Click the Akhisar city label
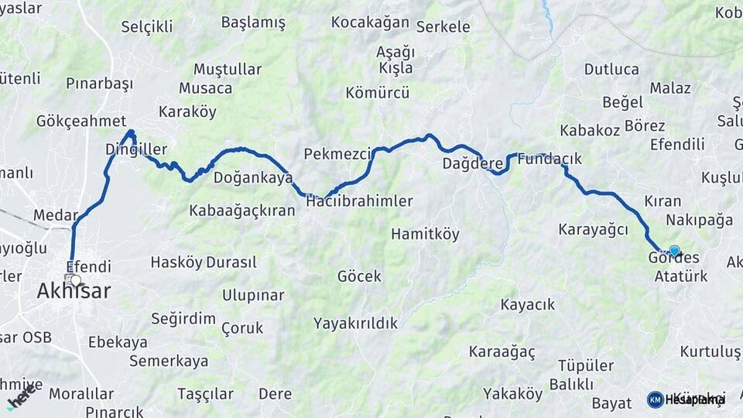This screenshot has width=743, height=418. (x=74, y=292)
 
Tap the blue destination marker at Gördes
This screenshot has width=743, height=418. (x=674, y=251)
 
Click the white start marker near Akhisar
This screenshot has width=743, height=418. (x=75, y=279)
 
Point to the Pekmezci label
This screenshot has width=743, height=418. (x=338, y=153)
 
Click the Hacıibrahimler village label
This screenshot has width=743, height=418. (x=359, y=201)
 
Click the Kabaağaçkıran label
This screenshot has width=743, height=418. (x=242, y=211)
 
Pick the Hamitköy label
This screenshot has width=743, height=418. (x=425, y=234)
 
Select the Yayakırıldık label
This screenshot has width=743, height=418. (x=356, y=323)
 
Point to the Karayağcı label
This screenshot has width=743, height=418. (x=592, y=229)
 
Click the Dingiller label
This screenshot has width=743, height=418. (x=136, y=149)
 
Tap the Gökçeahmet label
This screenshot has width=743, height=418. (x=81, y=121)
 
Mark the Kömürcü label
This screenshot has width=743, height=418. (x=378, y=93)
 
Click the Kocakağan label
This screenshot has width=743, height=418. (x=370, y=22)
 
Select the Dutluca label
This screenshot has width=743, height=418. (x=611, y=69)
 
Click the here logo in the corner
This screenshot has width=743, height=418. (x=22, y=394)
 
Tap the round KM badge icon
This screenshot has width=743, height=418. (x=655, y=399)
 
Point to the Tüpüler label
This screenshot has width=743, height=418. (x=586, y=365)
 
